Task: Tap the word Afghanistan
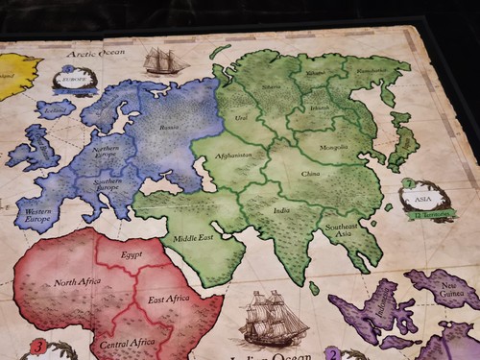(x=234, y=156)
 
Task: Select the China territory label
(x=309, y=173)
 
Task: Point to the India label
(x=280, y=208)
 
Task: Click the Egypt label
(x=132, y=255)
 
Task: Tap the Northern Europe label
(x=106, y=154)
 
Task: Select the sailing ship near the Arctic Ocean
(x=165, y=61)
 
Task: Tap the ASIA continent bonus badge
(x=420, y=200)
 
